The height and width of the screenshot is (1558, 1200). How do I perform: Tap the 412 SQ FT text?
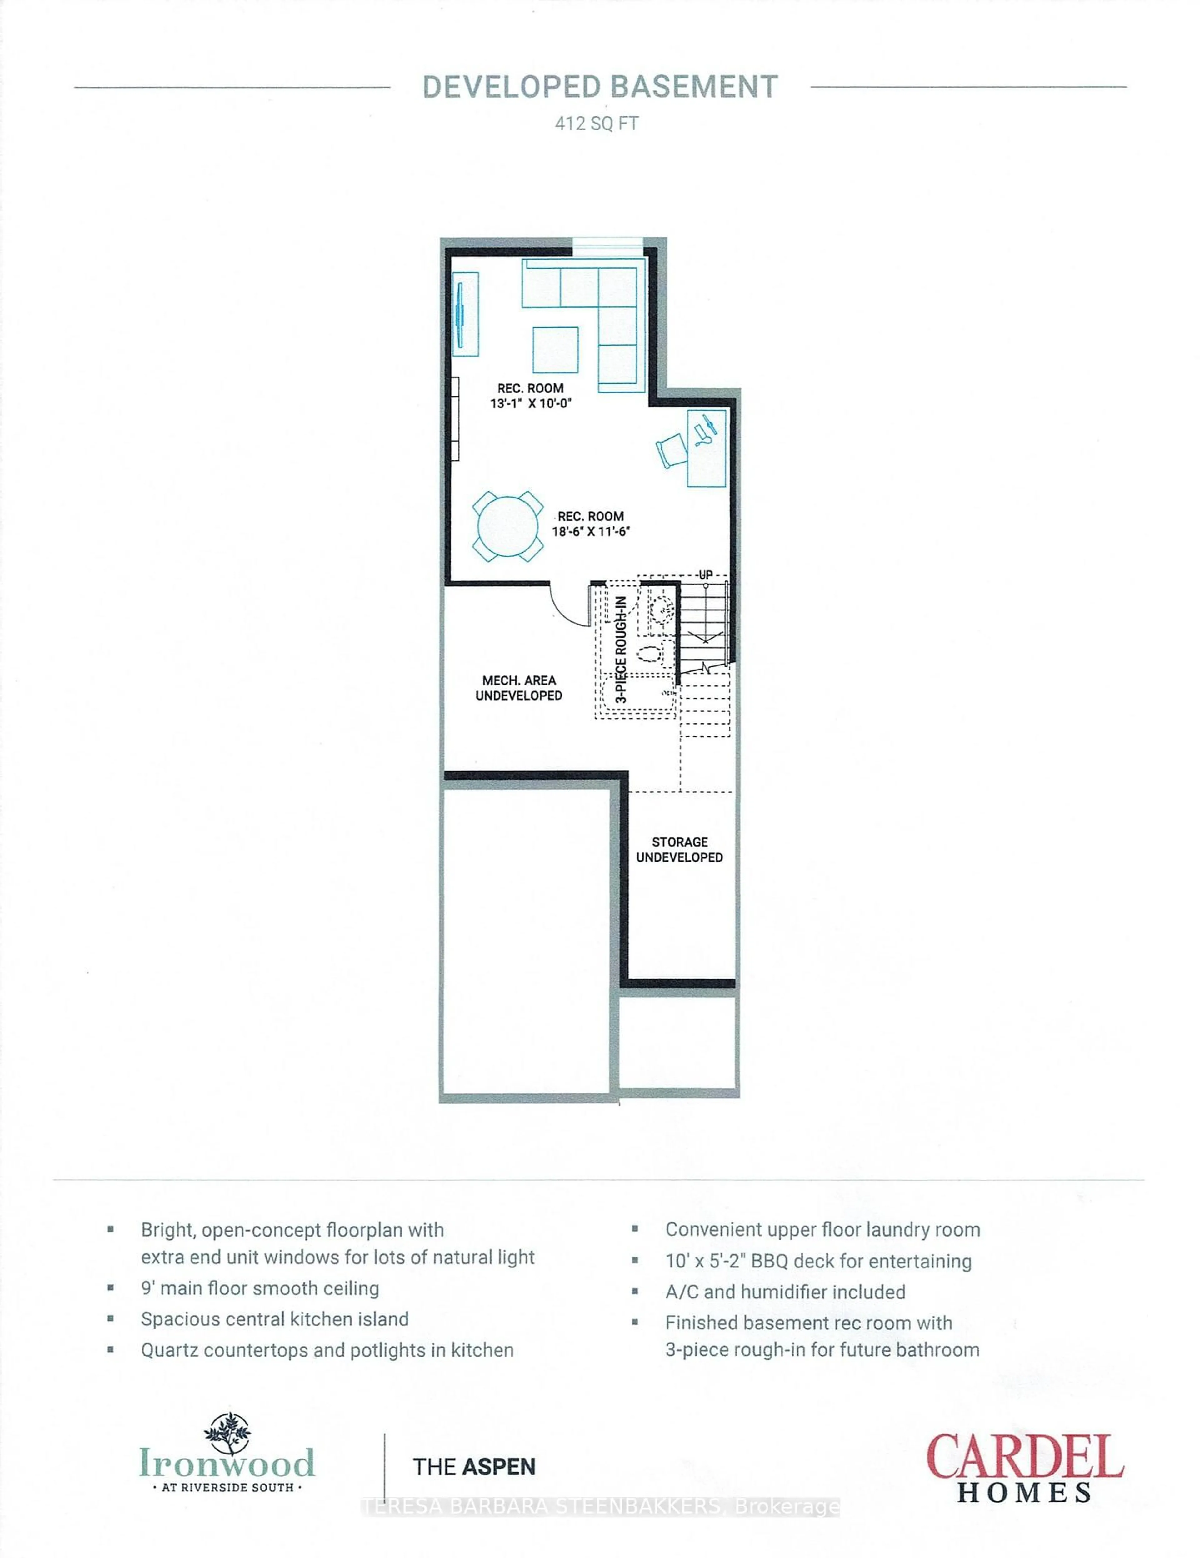pyautogui.click(x=597, y=124)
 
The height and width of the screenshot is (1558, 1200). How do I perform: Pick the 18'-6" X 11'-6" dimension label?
pyautogui.click(x=591, y=531)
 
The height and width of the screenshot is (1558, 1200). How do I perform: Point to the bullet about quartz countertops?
pyautogui.click(x=327, y=1350)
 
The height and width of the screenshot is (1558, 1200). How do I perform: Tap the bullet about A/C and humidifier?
pyautogui.click(x=785, y=1292)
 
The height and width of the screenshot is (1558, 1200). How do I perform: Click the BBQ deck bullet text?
pyautogui.click(x=818, y=1261)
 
